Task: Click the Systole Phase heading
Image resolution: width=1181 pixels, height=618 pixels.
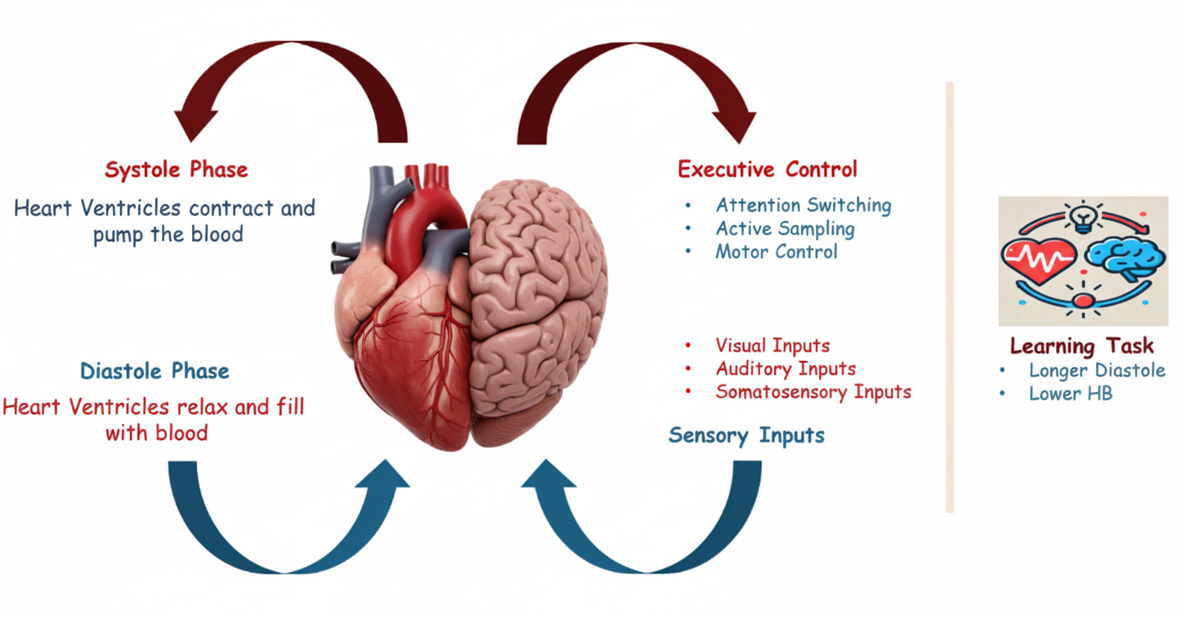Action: [176, 170]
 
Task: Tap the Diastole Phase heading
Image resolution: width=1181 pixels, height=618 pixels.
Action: [154, 371]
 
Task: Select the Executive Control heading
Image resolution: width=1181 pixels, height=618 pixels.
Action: [767, 170]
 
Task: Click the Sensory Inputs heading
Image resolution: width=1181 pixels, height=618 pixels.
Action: [747, 435]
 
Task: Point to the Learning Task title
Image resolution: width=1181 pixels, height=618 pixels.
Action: [1081, 346]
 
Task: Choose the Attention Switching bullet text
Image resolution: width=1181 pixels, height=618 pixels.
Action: [803, 206]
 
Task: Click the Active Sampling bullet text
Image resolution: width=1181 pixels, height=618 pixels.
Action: [785, 228]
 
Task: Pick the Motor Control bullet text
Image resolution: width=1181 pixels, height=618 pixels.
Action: [776, 251]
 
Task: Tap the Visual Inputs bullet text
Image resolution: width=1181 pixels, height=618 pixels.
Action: [773, 345]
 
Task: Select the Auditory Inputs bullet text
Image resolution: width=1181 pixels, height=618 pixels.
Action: [786, 369]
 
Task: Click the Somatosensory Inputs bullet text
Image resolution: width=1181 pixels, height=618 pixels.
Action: [813, 391]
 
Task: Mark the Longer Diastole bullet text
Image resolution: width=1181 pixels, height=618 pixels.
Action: [1097, 370]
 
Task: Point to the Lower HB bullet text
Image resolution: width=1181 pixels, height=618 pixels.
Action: [1070, 393]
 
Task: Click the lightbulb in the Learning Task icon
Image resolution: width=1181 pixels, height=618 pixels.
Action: [1084, 216]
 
